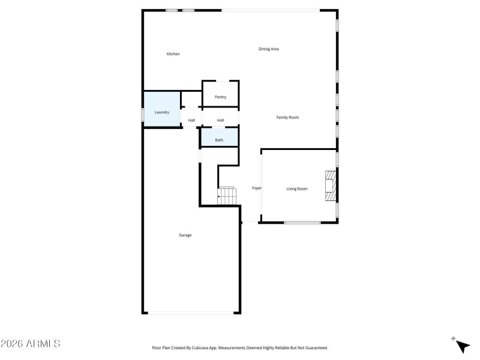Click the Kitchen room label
click(x=173, y=54)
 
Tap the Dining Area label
click(x=269, y=49)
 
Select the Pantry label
click(x=220, y=97)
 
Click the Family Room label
click(x=287, y=118)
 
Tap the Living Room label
click(x=296, y=189)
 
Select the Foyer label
click(x=257, y=188)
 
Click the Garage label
click(x=185, y=235)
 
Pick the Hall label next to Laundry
click(x=191, y=121)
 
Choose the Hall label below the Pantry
click(x=220, y=121)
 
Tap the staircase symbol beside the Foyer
click(x=227, y=195)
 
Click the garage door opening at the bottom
click(x=191, y=313)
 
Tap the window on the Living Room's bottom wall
click(x=302, y=223)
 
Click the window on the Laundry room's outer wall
click(x=142, y=114)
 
